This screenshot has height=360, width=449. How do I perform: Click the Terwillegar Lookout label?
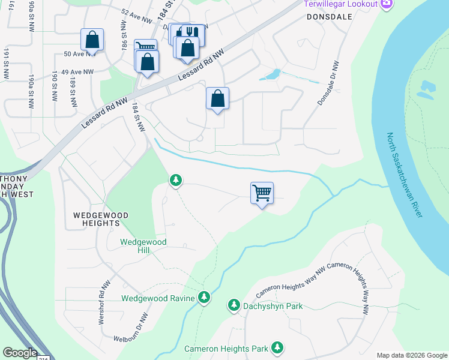point(340,4)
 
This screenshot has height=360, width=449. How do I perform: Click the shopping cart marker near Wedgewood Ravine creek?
point(262,194)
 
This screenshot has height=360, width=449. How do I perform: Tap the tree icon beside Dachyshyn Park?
point(234,306)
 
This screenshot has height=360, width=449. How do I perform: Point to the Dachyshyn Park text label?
point(273,307)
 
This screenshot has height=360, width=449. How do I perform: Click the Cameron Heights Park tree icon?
point(277,348)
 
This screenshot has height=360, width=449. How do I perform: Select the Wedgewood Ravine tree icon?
point(204,298)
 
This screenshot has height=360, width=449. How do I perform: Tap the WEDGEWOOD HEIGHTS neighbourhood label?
point(97,218)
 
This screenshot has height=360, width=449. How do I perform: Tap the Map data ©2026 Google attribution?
point(411,355)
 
